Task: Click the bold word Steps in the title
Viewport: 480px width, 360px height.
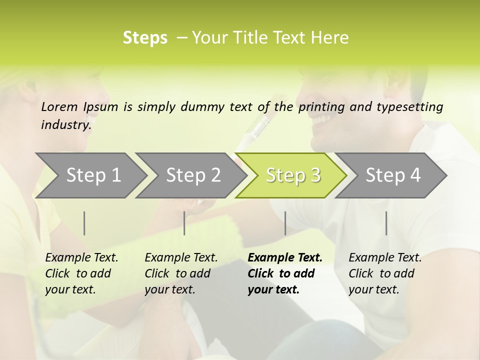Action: point(145,38)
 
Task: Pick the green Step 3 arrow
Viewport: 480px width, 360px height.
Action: point(293,175)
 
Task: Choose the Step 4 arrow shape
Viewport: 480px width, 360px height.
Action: point(393,175)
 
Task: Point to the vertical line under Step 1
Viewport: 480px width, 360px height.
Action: point(84,223)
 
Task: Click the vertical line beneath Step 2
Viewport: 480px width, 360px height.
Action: point(184,223)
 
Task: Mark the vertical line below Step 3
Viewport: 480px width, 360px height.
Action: point(285,223)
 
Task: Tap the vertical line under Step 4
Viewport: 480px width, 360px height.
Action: point(386,223)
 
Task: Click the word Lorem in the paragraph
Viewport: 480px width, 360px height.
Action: point(59,107)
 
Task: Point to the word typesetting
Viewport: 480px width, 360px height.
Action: point(408,107)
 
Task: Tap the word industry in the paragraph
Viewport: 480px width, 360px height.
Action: point(65,125)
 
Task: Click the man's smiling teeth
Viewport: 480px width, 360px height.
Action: point(323,120)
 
